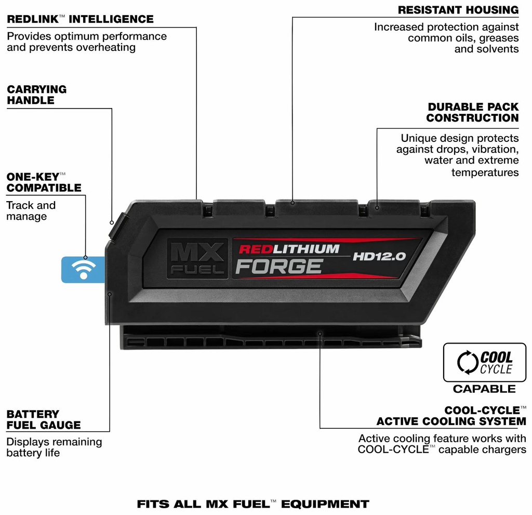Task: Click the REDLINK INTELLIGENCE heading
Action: pyautogui.click(x=80, y=19)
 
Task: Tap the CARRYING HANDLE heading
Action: pyautogui.click(x=37, y=95)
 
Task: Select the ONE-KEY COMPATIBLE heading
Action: pyautogui.click(x=44, y=182)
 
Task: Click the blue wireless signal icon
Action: pyautogui.click(x=83, y=270)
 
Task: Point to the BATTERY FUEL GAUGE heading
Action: pyautogui.click(x=44, y=419)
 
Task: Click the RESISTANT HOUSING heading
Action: pyautogui.click(x=458, y=10)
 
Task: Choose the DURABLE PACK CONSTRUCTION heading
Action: pyautogui.click(x=473, y=112)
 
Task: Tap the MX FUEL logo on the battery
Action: pyautogui.click(x=197, y=258)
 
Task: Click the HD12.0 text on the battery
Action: pyautogui.click(x=379, y=256)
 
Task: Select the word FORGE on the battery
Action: pyautogui.click(x=279, y=267)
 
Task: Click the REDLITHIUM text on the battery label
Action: pyautogui.click(x=289, y=249)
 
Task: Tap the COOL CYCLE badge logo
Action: pyautogui.click(x=485, y=363)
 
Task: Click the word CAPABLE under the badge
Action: pyautogui.click(x=484, y=389)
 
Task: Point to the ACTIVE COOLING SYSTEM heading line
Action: pyautogui.click(x=451, y=421)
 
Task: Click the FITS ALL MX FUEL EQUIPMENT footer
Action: pyautogui.click(x=253, y=504)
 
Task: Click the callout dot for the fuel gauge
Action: pyautogui.click(x=110, y=294)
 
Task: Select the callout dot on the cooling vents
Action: pyautogui.click(x=320, y=334)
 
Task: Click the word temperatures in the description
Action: pyautogui.click(x=485, y=173)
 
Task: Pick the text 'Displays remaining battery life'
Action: pyautogui.click(x=54, y=447)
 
